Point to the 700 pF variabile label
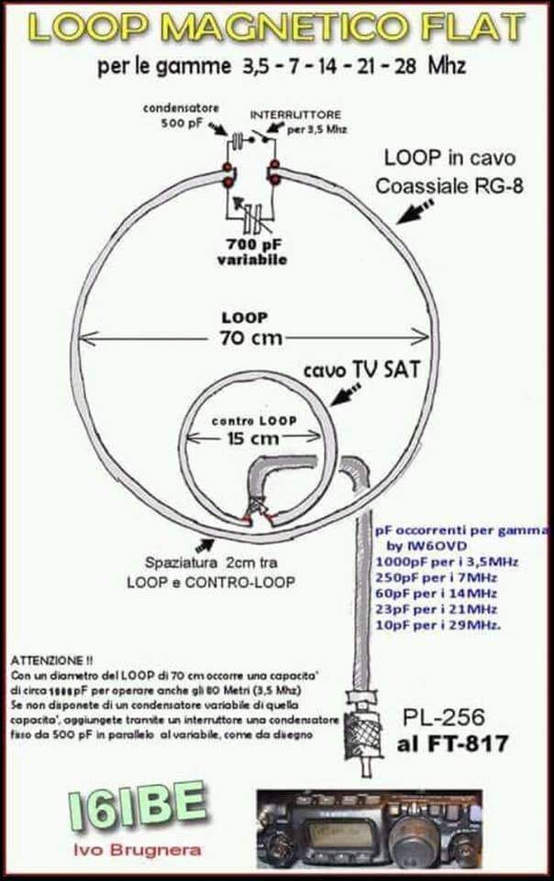pyautogui.click(x=253, y=251)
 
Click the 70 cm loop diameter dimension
pyautogui.click(x=246, y=336)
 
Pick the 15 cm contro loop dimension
pyautogui.click(x=251, y=438)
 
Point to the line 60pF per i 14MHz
pyautogui.click(x=436, y=593)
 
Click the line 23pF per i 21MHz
pyautogui.click(x=436, y=608)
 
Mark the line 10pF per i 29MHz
pyautogui.click(x=438, y=625)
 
